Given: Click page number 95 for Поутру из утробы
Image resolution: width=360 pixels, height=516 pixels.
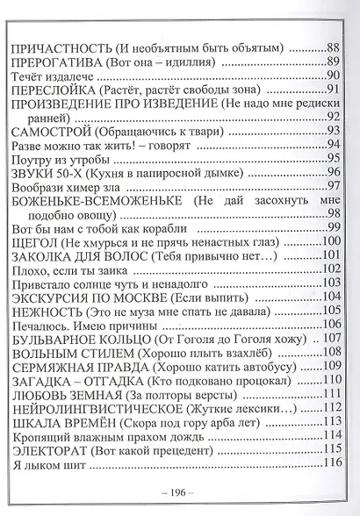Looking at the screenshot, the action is pos(332,157).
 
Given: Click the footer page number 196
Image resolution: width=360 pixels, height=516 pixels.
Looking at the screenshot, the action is pos(179,498).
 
